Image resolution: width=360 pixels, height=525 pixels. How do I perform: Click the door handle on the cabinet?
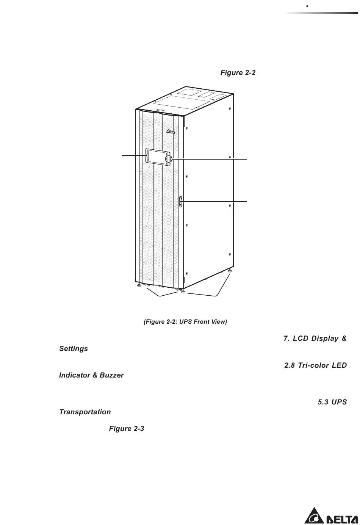point(181,202)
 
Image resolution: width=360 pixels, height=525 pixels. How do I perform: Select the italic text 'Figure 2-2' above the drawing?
point(238,72)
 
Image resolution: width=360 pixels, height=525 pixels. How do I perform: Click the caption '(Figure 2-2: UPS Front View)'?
point(185,322)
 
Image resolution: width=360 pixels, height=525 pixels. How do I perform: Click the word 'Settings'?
point(74,349)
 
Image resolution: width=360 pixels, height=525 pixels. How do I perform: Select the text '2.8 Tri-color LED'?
point(315,365)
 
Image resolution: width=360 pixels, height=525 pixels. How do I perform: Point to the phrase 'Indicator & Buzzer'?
point(91,375)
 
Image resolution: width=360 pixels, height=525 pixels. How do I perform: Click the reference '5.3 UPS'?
point(332,402)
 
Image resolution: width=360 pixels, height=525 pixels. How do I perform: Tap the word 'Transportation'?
point(85,412)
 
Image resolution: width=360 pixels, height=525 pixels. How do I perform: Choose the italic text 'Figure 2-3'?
point(127,429)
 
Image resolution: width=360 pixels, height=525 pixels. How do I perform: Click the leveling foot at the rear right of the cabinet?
point(230,271)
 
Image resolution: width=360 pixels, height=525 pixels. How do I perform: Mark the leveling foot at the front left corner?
point(139,285)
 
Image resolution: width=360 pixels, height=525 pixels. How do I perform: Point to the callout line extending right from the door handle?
point(214,202)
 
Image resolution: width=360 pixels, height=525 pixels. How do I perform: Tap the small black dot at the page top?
point(307,6)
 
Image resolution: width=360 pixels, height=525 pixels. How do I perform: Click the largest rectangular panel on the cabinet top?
point(182,102)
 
